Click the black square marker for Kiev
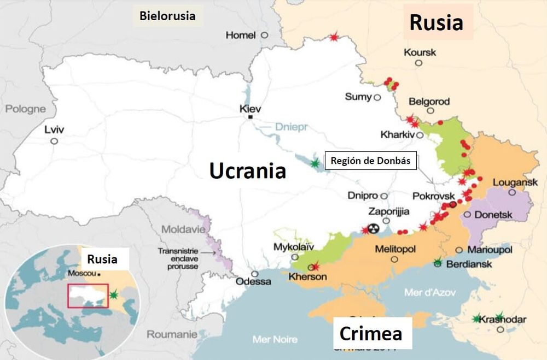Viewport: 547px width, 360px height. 251,117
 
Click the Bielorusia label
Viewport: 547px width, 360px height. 167,15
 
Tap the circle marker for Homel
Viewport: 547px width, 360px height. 264,34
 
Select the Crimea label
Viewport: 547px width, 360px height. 371,333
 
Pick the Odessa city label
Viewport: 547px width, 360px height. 253,282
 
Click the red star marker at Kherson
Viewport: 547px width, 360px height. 314,267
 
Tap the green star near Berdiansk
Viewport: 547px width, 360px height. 437,263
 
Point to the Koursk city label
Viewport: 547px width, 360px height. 420,52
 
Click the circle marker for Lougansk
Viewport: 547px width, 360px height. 512,192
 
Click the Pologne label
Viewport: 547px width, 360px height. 26,109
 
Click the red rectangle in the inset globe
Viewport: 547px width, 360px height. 88,296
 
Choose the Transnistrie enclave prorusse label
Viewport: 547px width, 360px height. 176,258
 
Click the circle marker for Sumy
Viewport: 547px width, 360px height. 377,97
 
